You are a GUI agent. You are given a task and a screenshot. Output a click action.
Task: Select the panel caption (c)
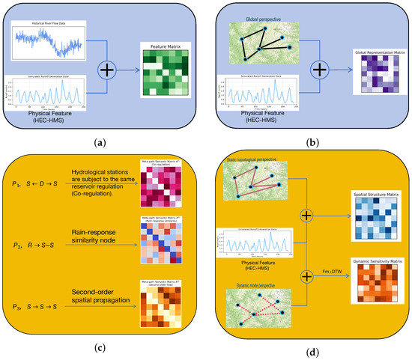click(101, 347)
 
